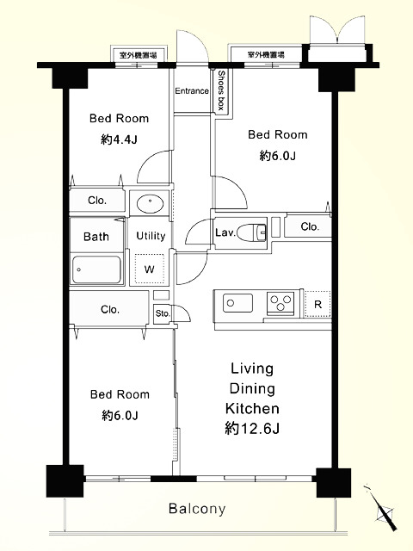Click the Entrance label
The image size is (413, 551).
pyautogui.click(x=192, y=91)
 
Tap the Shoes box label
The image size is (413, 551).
pyautogui.click(x=221, y=90)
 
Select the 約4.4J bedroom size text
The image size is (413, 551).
pyautogui.click(x=119, y=139)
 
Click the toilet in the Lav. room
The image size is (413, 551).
pyautogui.click(x=252, y=232)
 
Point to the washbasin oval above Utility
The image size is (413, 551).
pyautogui.click(x=150, y=203)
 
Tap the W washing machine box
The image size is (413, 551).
pyautogui.click(x=150, y=269)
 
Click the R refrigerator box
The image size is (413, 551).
pyautogui.click(x=317, y=304)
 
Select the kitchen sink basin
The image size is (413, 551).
pyautogui.click(x=237, y=303)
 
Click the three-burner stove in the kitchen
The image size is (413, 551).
pyautogui.click(x=280, y=303)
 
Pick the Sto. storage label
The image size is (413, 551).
pyautogui.click(x=163, y=313)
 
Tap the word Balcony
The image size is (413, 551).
pyautogui.click(x=197, y=509)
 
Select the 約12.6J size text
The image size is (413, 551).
pyautogui.click(x=252, y=429)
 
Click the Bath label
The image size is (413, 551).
pyautogui.click(x=96, y=237)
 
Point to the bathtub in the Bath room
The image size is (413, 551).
pyautogui.click(x=96, y=269)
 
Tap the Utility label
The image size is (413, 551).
pyautogui.click(x=151, y=236)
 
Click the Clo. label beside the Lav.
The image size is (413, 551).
pyautogui.click(x=310, y=226)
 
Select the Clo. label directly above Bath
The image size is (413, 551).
pyautogui.click(x=97, y=201)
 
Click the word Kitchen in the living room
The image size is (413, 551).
pyautogui.click(x=252, y=408)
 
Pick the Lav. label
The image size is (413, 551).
pyautogui.click(x=225, y=232)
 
